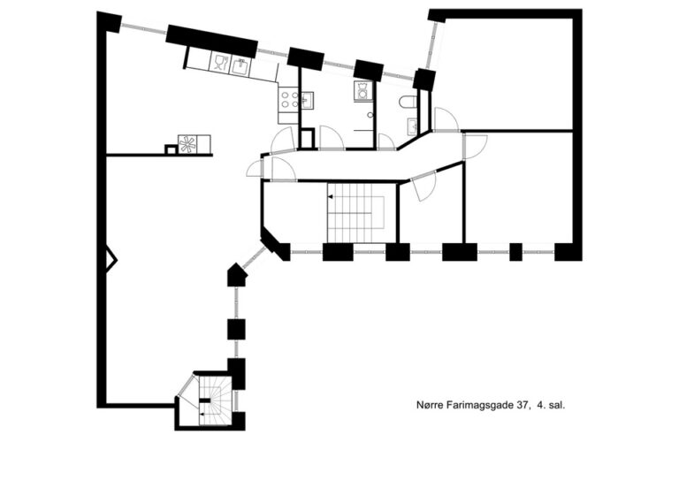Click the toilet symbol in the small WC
click(407, 103)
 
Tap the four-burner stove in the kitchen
click(288, 100)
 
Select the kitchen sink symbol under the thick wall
click(240, 66)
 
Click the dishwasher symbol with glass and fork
click(220, 63)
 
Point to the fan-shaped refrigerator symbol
click(187, 144)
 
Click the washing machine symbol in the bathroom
click(362, 91)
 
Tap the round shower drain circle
click(370, 115)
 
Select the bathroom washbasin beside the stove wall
click(307, 102)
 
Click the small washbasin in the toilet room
click(412, 126)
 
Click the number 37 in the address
click(523, 406)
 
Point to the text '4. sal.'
click(551, 406)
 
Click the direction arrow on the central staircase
click(331, 197)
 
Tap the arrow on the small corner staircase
click(202, 415)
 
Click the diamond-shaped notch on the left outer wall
click(111, 260)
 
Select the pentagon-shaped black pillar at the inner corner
click(236, 275)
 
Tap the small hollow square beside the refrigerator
click(171, 149)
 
